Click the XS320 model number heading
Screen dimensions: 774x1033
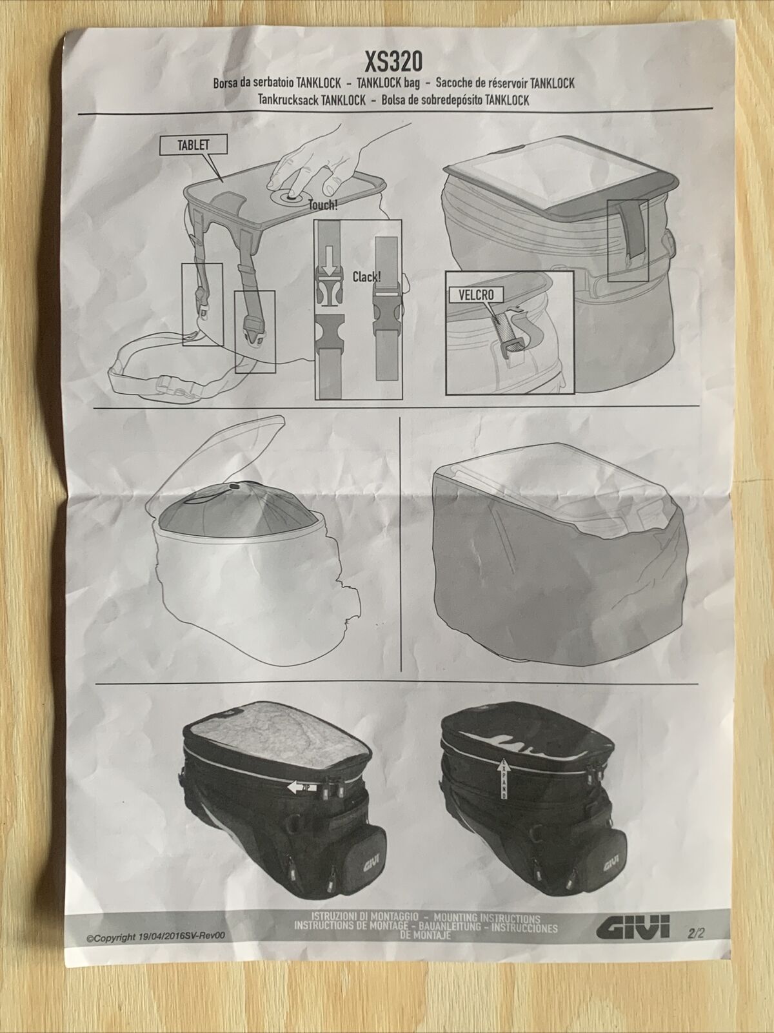(x=393, y=61)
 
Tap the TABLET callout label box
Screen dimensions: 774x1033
(x=193, y=145)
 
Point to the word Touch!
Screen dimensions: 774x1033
(x=322, y=205)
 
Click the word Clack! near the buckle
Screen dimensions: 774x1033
(x=366, y=276)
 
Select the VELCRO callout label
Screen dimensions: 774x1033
(x=476, y=295)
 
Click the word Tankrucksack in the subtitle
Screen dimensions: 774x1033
(x=288, y=100)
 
